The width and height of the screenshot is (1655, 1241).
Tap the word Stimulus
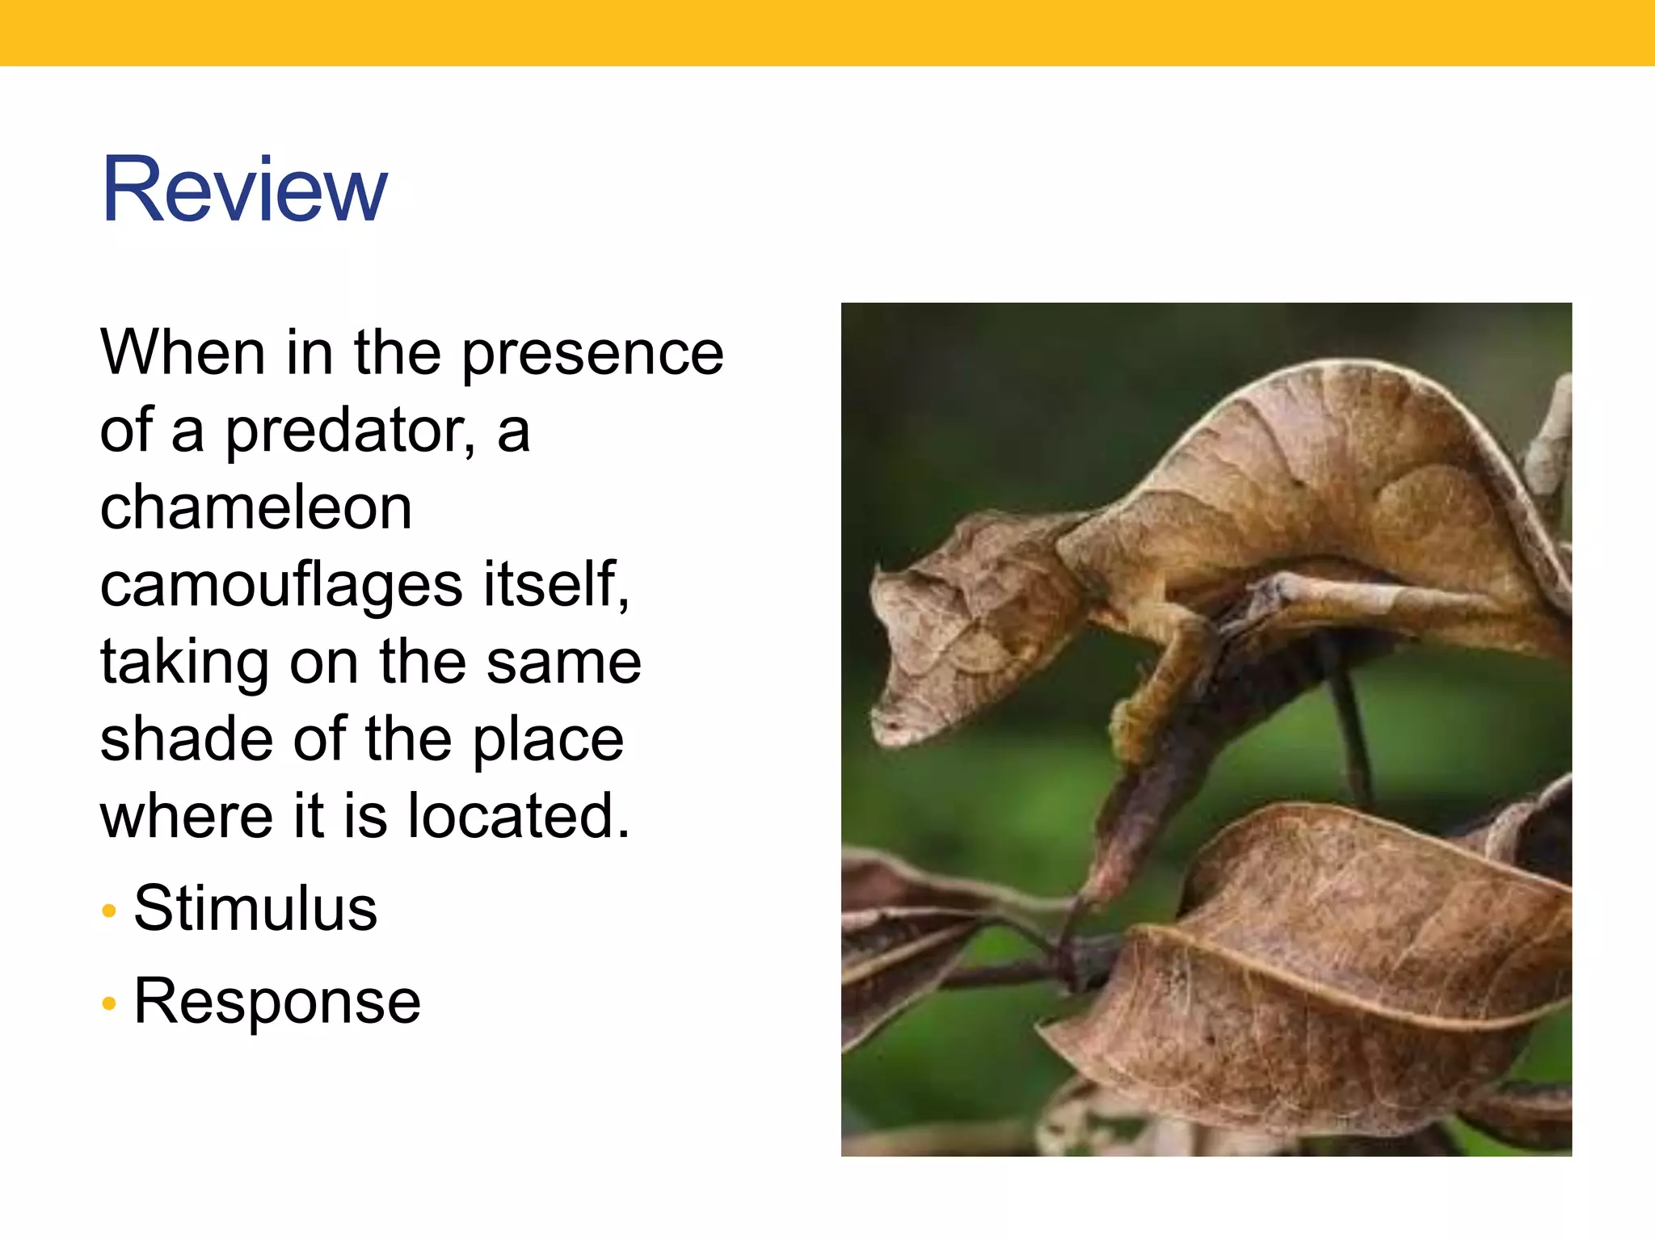tap(255, 908)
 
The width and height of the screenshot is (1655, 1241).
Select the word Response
tap(277, 1001)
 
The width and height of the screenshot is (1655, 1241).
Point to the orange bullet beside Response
tap(110, 1004)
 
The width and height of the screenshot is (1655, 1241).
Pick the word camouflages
tap(281, 585)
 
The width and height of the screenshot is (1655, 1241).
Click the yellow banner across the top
tap(827, 32)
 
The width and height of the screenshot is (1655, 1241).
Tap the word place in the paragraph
tap(548, 740)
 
